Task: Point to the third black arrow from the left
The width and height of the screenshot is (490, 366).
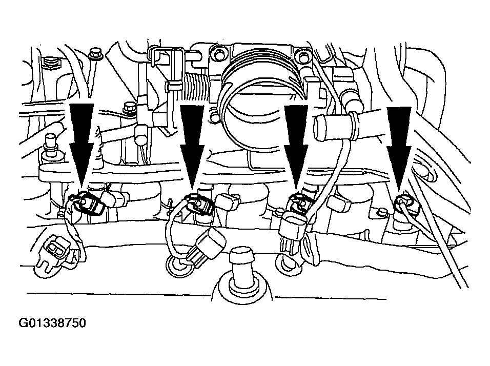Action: (x=296, y=147)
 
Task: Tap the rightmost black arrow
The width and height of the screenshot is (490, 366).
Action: (x=399, y=149)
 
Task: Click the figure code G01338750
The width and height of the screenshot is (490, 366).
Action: (x=52, y=323)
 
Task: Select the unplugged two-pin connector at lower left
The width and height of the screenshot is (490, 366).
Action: (x=55, y=253)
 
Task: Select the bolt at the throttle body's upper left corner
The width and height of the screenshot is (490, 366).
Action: (x=218, y=53)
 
